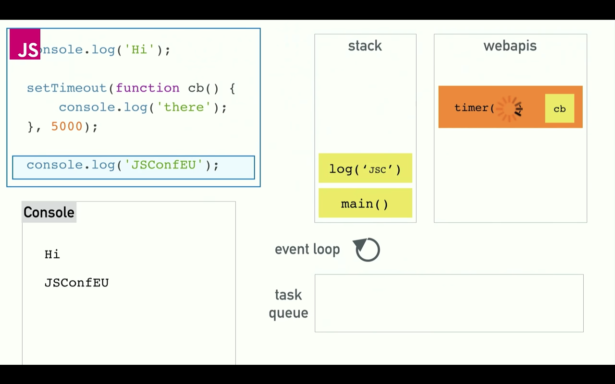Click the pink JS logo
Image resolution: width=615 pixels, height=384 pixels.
[25, 44]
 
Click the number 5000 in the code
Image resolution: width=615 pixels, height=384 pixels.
[67, 126]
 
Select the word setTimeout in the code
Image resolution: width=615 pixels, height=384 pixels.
[67, 88]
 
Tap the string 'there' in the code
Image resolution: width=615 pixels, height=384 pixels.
[184, 107]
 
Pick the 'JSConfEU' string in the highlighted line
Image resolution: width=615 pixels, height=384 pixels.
[164, 165]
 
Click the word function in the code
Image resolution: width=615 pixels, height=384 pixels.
[148, 88]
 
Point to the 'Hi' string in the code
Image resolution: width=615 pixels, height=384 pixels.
[139, 50]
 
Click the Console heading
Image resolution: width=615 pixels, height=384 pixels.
[49, 212]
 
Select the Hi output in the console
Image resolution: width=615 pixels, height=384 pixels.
[52, 254]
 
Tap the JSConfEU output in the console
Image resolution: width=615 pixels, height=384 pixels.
[77, 283]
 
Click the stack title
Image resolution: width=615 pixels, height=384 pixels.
[365, 46]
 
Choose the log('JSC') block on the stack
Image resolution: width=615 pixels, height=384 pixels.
[365, 168]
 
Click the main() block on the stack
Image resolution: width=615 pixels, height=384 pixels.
[365, 204]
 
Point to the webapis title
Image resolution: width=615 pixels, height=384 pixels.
[510, 46]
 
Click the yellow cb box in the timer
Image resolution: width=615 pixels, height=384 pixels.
[560, 109]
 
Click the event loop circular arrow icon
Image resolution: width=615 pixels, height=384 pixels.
[368, 250]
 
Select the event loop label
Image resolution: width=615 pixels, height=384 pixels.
[307, 250]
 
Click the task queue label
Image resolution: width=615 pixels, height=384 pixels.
[288, 303]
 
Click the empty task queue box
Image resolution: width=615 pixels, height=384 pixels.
[449, 303]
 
